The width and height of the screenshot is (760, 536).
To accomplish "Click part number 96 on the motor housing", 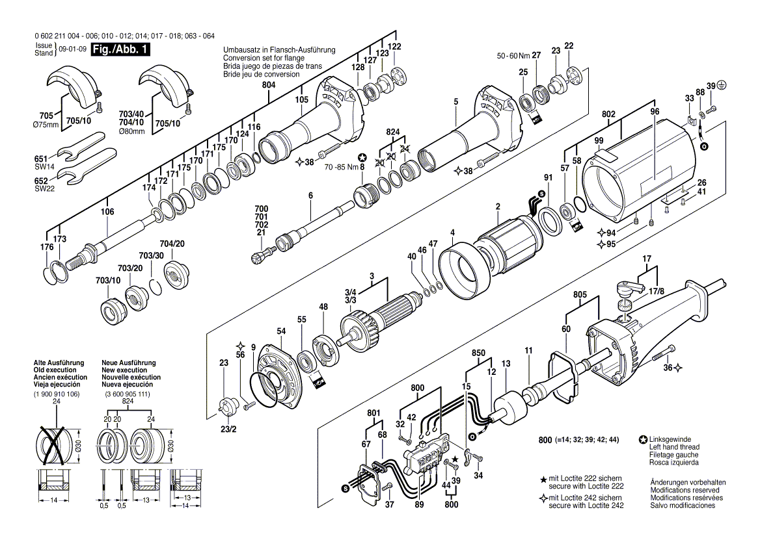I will coord(655,111).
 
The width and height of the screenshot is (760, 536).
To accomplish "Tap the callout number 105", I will coord(301,99).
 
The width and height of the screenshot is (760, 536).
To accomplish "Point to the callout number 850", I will coord(480,353).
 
